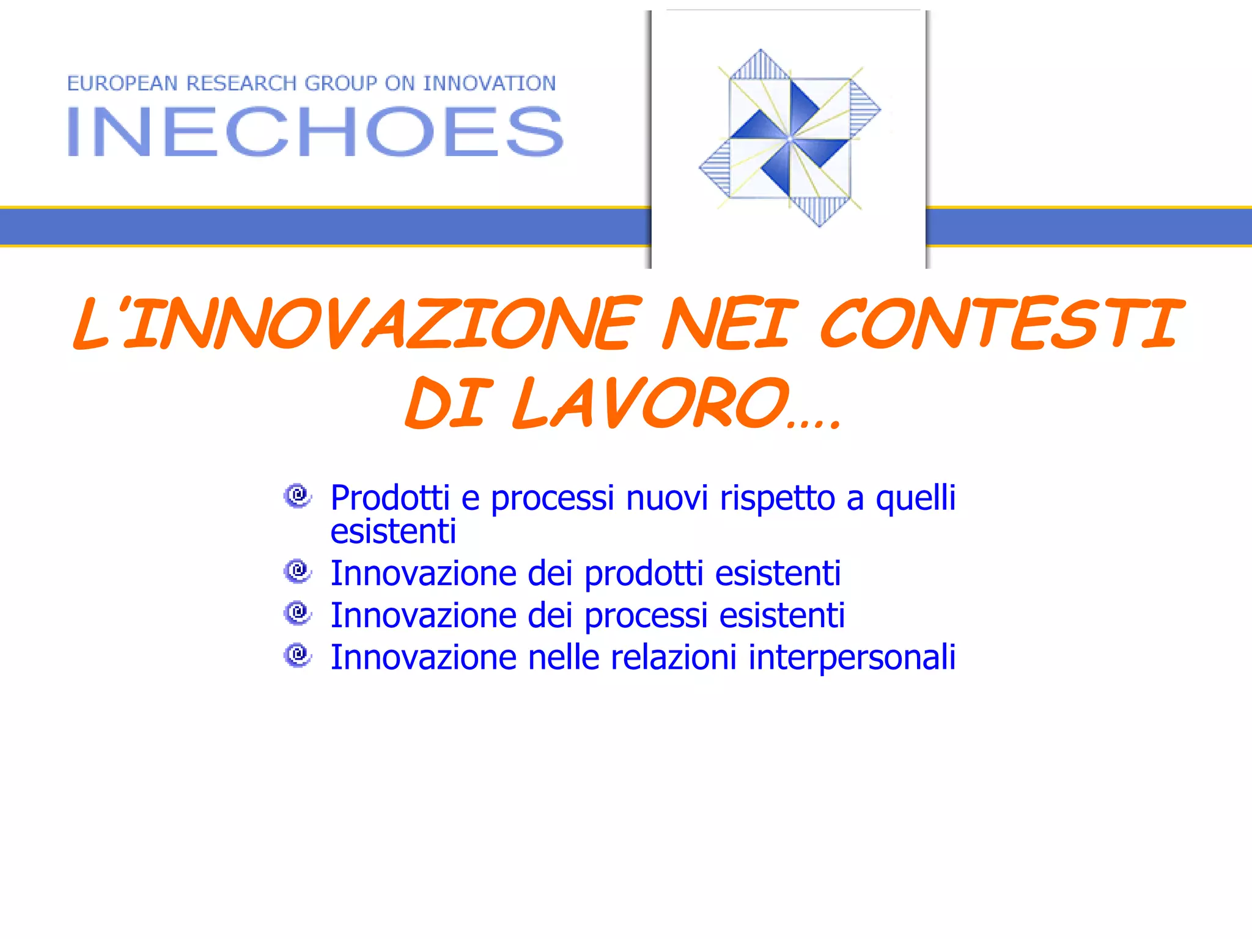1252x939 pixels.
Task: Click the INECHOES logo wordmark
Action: tap(315, 131)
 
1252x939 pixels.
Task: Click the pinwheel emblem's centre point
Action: tap(790, 138)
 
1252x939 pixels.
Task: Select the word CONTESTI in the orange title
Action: tap(1001, 323)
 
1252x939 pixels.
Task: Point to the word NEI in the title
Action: tap(730, 323)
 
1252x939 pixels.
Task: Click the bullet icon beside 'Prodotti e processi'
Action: tap(298, 495)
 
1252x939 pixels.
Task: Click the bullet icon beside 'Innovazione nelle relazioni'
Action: tap(298, 655)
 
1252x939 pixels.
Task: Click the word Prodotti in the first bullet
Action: tap(390, 498)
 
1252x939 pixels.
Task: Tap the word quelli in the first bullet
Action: tap(915, 499)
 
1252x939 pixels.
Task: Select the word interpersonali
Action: tap(852, 658)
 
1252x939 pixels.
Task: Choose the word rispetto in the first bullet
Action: tap(777, 499)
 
